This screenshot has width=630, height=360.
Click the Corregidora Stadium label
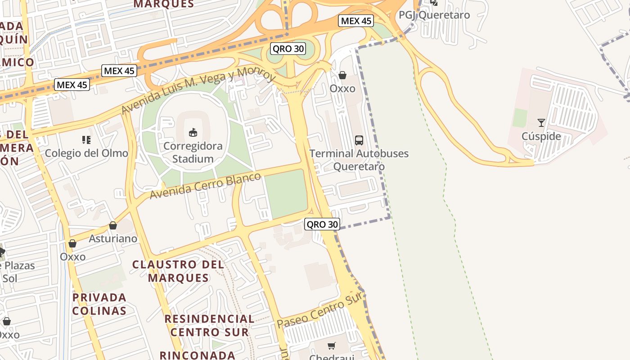point(193,153)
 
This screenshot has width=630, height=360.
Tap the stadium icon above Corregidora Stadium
point(193,132)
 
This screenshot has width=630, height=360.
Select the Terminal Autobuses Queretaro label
point(359,160)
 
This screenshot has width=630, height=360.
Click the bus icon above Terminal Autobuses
point(359,140)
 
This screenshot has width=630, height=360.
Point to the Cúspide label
point(541,136)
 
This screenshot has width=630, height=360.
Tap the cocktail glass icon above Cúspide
point(541,122)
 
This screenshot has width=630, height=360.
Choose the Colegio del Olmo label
point(86,153)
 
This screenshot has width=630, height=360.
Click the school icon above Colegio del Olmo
point(86,140)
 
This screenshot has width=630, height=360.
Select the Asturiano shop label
point(113,238)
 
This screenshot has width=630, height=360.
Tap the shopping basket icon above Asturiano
point(113,225)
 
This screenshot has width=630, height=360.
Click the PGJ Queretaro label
point(434,15)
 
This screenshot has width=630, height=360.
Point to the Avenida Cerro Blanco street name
point(205,185)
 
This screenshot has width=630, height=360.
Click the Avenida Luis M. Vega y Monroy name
point(198,90)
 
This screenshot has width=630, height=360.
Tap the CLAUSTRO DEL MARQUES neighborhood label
point(179,271)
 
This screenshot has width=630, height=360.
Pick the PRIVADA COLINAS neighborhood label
point(99,304)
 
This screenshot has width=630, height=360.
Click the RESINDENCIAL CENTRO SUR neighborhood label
point(209,325)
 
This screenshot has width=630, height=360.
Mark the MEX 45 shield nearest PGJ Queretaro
point(356,21)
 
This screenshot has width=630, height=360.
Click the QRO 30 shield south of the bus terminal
point(322,224)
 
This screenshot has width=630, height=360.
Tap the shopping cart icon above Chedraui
point(332,346)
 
